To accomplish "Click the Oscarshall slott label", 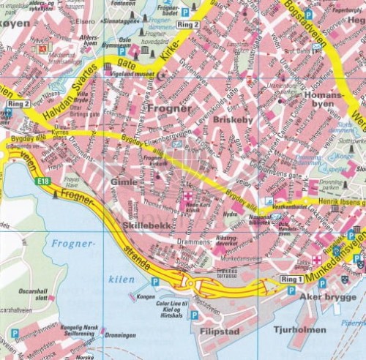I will point(32,295).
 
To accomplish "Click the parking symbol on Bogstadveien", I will point(308,15).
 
